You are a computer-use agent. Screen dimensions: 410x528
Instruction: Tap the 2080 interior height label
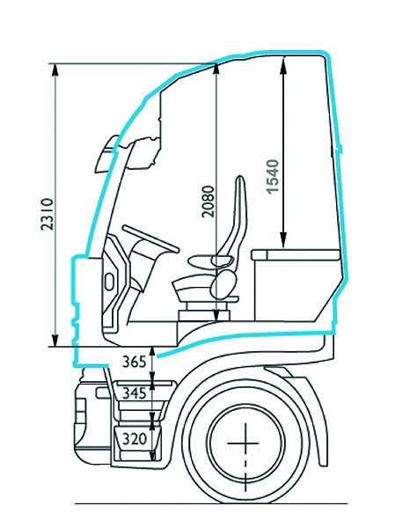pyautogui.click(x=208, y=202)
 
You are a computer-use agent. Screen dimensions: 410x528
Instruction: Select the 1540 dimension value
pyautogui.click(x=273, y=176)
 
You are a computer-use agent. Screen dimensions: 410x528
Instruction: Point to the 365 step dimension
pyautogui.click(x=134, y=362)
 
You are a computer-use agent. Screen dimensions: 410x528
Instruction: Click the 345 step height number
pyautogui.click(x=134, y=393)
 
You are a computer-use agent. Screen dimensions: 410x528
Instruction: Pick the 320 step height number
pyautogui.click(x=134, y=439)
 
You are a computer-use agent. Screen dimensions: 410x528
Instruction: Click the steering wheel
pyautogui.click(x=150, y=238)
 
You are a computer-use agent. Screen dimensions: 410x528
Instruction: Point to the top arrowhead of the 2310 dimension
pyautogui.click(x=55, y=70)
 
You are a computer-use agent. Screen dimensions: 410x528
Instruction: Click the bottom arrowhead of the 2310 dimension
pyautogui.click(x=55, y=340)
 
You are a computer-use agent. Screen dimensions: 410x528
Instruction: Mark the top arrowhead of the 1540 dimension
pyautogui.click(x=284, y=64)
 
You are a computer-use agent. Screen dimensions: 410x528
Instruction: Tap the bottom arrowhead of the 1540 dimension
pyautogui.click(x=284, y=241)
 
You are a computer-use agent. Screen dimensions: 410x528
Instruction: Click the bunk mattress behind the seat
pyautogui.click(x=296, y=254)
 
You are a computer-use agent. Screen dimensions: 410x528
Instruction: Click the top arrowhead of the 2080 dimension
pyautogui.click(x=216, y=70)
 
